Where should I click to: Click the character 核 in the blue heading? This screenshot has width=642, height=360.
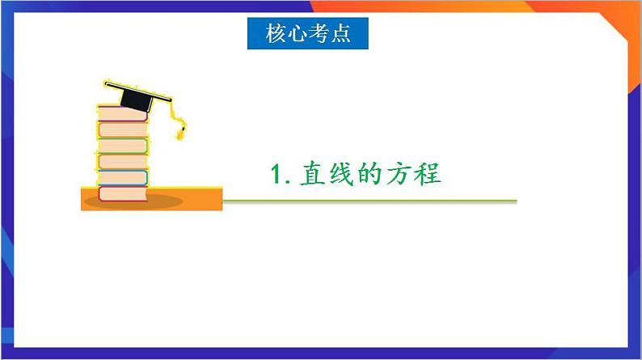click(276, 34)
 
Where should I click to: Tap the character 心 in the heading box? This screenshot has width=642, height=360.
click(297, 34)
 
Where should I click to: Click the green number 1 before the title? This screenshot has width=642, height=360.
click(277, 175)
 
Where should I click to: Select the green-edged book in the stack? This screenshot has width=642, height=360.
click(123, 146)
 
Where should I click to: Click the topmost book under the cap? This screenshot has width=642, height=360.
click(123, 115)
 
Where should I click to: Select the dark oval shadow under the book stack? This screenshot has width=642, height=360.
click(129, 203)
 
